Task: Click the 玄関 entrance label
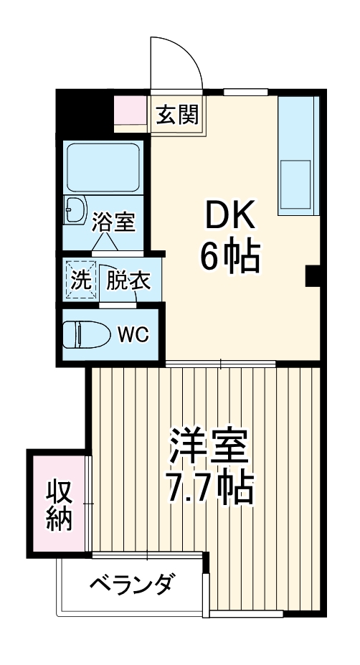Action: point(179,114)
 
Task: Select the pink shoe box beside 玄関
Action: point(131,110)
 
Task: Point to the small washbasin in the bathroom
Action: point(75,209)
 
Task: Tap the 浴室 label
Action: point(114,222)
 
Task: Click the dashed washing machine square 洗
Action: point(80,278)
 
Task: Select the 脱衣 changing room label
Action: point(129,280)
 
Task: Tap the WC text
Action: point(133,334)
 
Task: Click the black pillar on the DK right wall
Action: point(313,275)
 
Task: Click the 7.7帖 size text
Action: point(209,489)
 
